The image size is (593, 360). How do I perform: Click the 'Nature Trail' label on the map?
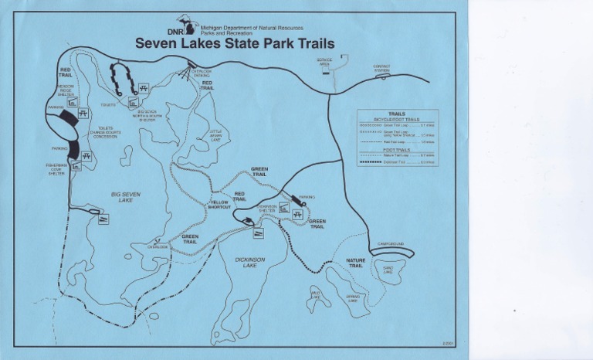pyautogui.click(x=355, y=263)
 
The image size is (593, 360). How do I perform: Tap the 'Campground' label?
pyautogui.click(x=391, y=245)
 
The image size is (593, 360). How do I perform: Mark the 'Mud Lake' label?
pyautogui.click(x=315, y=294)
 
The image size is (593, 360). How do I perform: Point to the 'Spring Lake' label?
pyautogui.click(x=353, y=298)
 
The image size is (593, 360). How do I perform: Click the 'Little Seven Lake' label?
pyautogui.click(x=215, y=136)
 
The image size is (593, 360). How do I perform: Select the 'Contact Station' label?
pyautogui.click(x=381, y=68)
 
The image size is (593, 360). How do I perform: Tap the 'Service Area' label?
pyautogui.click(x=324, y=61)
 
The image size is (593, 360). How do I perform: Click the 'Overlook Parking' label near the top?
pyautogui.click(x=201, y=73)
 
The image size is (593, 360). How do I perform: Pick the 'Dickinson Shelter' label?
pyautogui.click(x=267, y=208)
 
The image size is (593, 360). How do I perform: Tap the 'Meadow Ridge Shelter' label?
pyautogui.click(x=66, y=90)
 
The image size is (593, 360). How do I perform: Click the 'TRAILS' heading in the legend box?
pyautogui.click(x=397, y=114)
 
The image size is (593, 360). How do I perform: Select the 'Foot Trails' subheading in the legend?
pyautogui.click(x=397, y=150)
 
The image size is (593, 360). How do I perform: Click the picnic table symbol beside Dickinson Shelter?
pyautogui.click(x=284, y=207)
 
